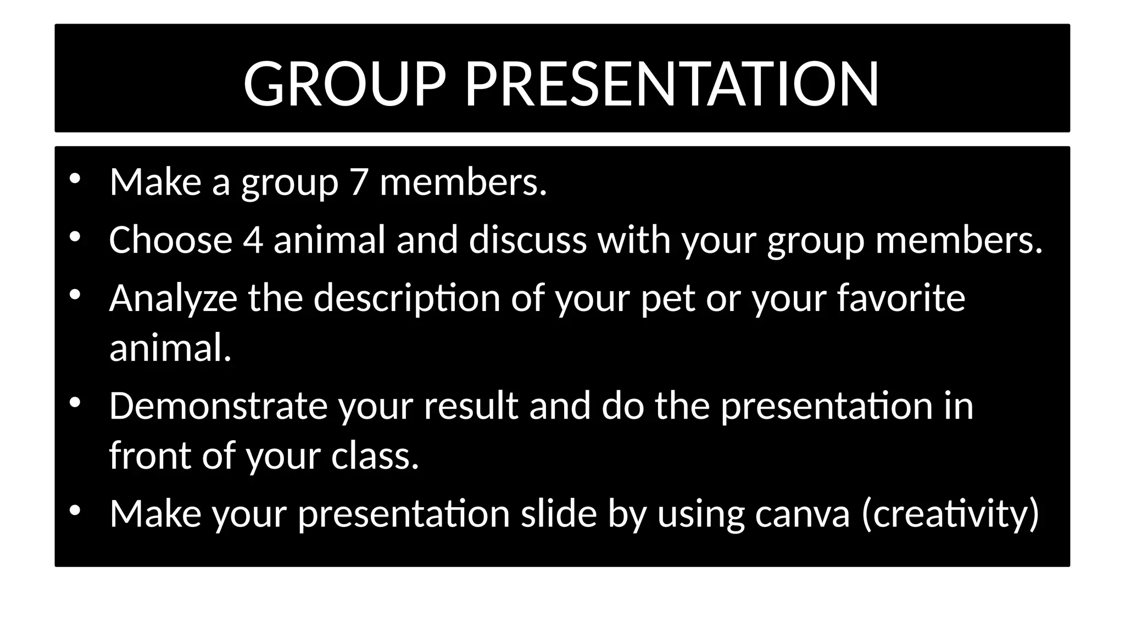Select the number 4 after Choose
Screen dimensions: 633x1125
click(253, 240)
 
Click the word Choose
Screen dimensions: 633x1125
click(171, 240)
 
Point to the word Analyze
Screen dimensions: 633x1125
click(173, 298)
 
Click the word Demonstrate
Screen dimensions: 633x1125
click(218, 406)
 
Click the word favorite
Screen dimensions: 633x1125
click(901, 298)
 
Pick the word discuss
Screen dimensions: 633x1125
click(528, 240)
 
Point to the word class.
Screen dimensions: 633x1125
click(375, 456)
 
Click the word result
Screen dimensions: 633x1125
click(471, 406)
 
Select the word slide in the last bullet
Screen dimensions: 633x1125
click(559, 514)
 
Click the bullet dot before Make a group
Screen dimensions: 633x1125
click(75, 177)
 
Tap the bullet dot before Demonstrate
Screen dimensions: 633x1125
click(75, 403)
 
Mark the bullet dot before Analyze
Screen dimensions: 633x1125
click(75, 295)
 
